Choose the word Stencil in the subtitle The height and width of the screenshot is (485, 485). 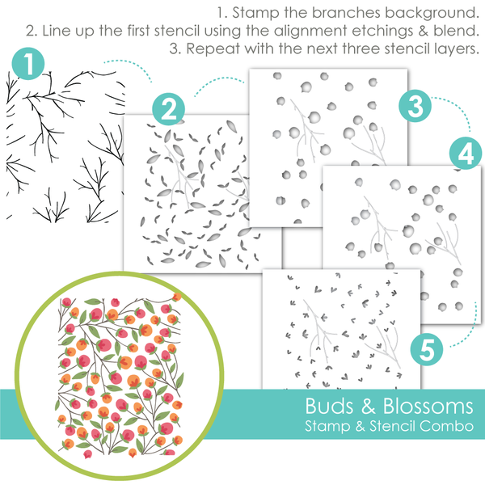[x=389, y=424]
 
